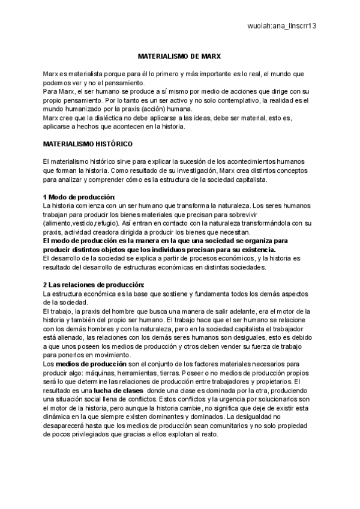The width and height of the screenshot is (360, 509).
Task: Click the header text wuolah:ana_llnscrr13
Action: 281,26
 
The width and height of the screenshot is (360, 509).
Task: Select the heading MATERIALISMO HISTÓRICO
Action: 88,145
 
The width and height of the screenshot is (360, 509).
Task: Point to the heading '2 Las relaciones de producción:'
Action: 93,284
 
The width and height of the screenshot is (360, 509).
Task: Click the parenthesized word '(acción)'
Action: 170,109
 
